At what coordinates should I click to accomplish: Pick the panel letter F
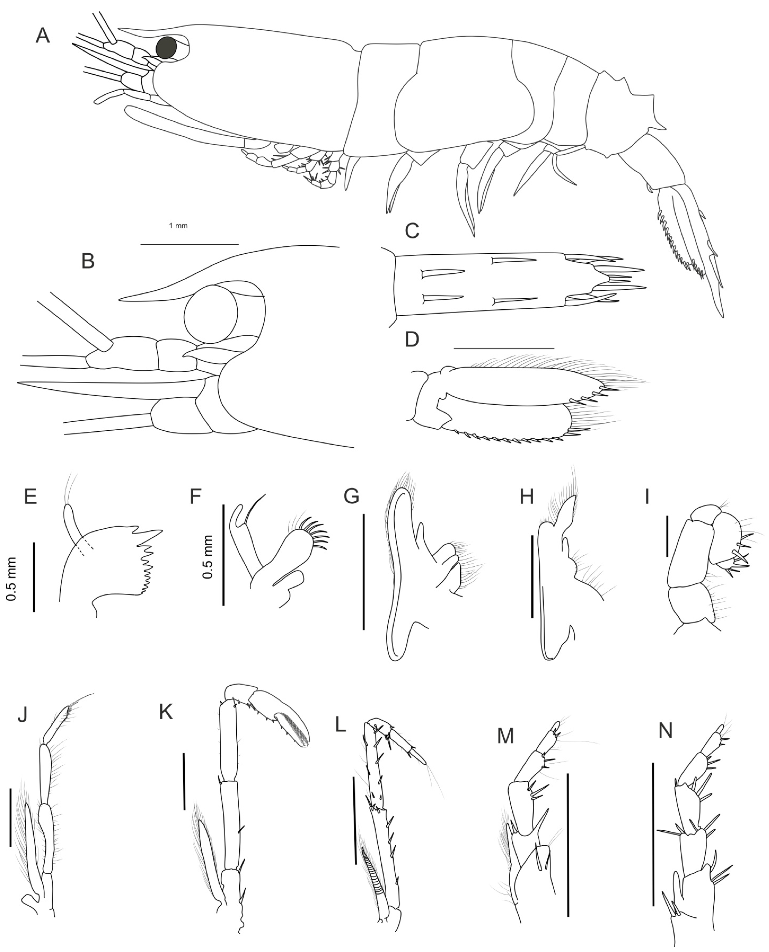coord(195,497)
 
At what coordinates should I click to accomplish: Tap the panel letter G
coord(352,497)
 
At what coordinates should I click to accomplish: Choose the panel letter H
coord(527,497)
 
